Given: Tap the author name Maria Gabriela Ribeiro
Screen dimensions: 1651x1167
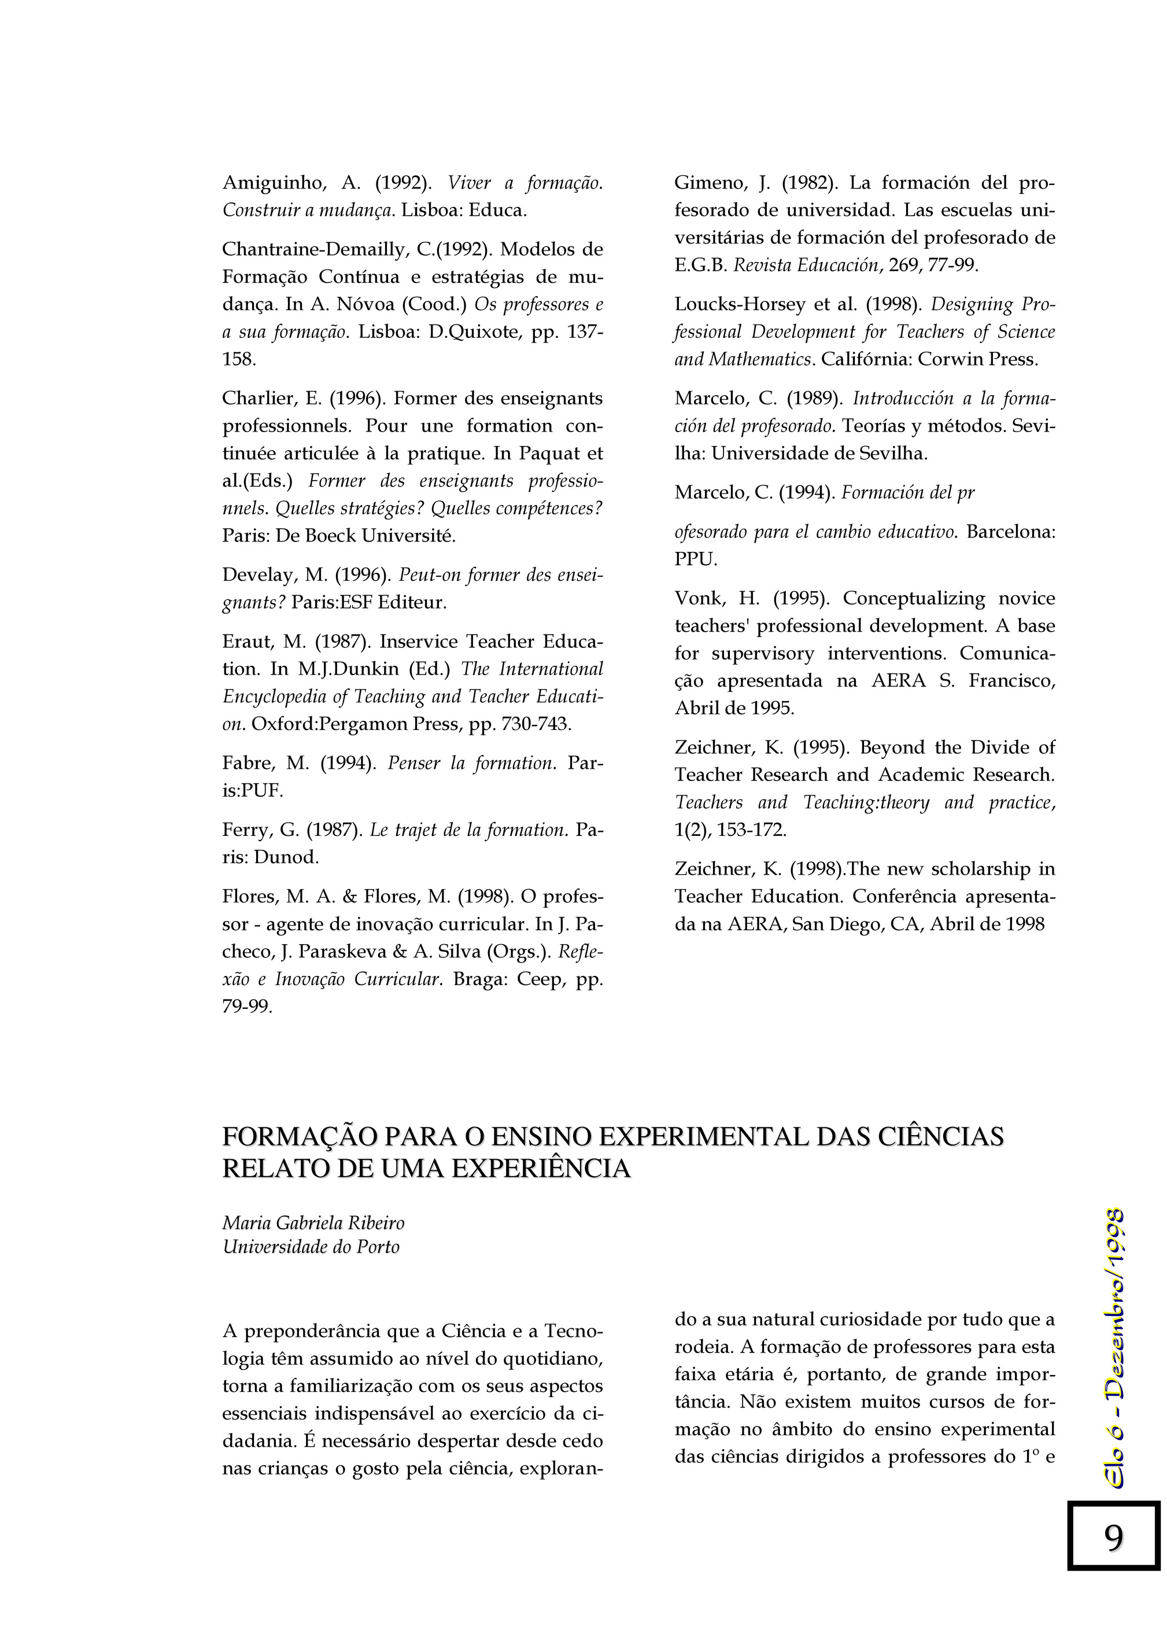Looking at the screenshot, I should point(313,1223).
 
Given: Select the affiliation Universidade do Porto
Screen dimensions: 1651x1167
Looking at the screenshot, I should point(311,1247).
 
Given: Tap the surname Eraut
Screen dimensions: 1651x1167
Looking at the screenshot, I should point(245,642).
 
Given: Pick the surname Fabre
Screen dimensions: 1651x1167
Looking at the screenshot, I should point(244,764).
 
